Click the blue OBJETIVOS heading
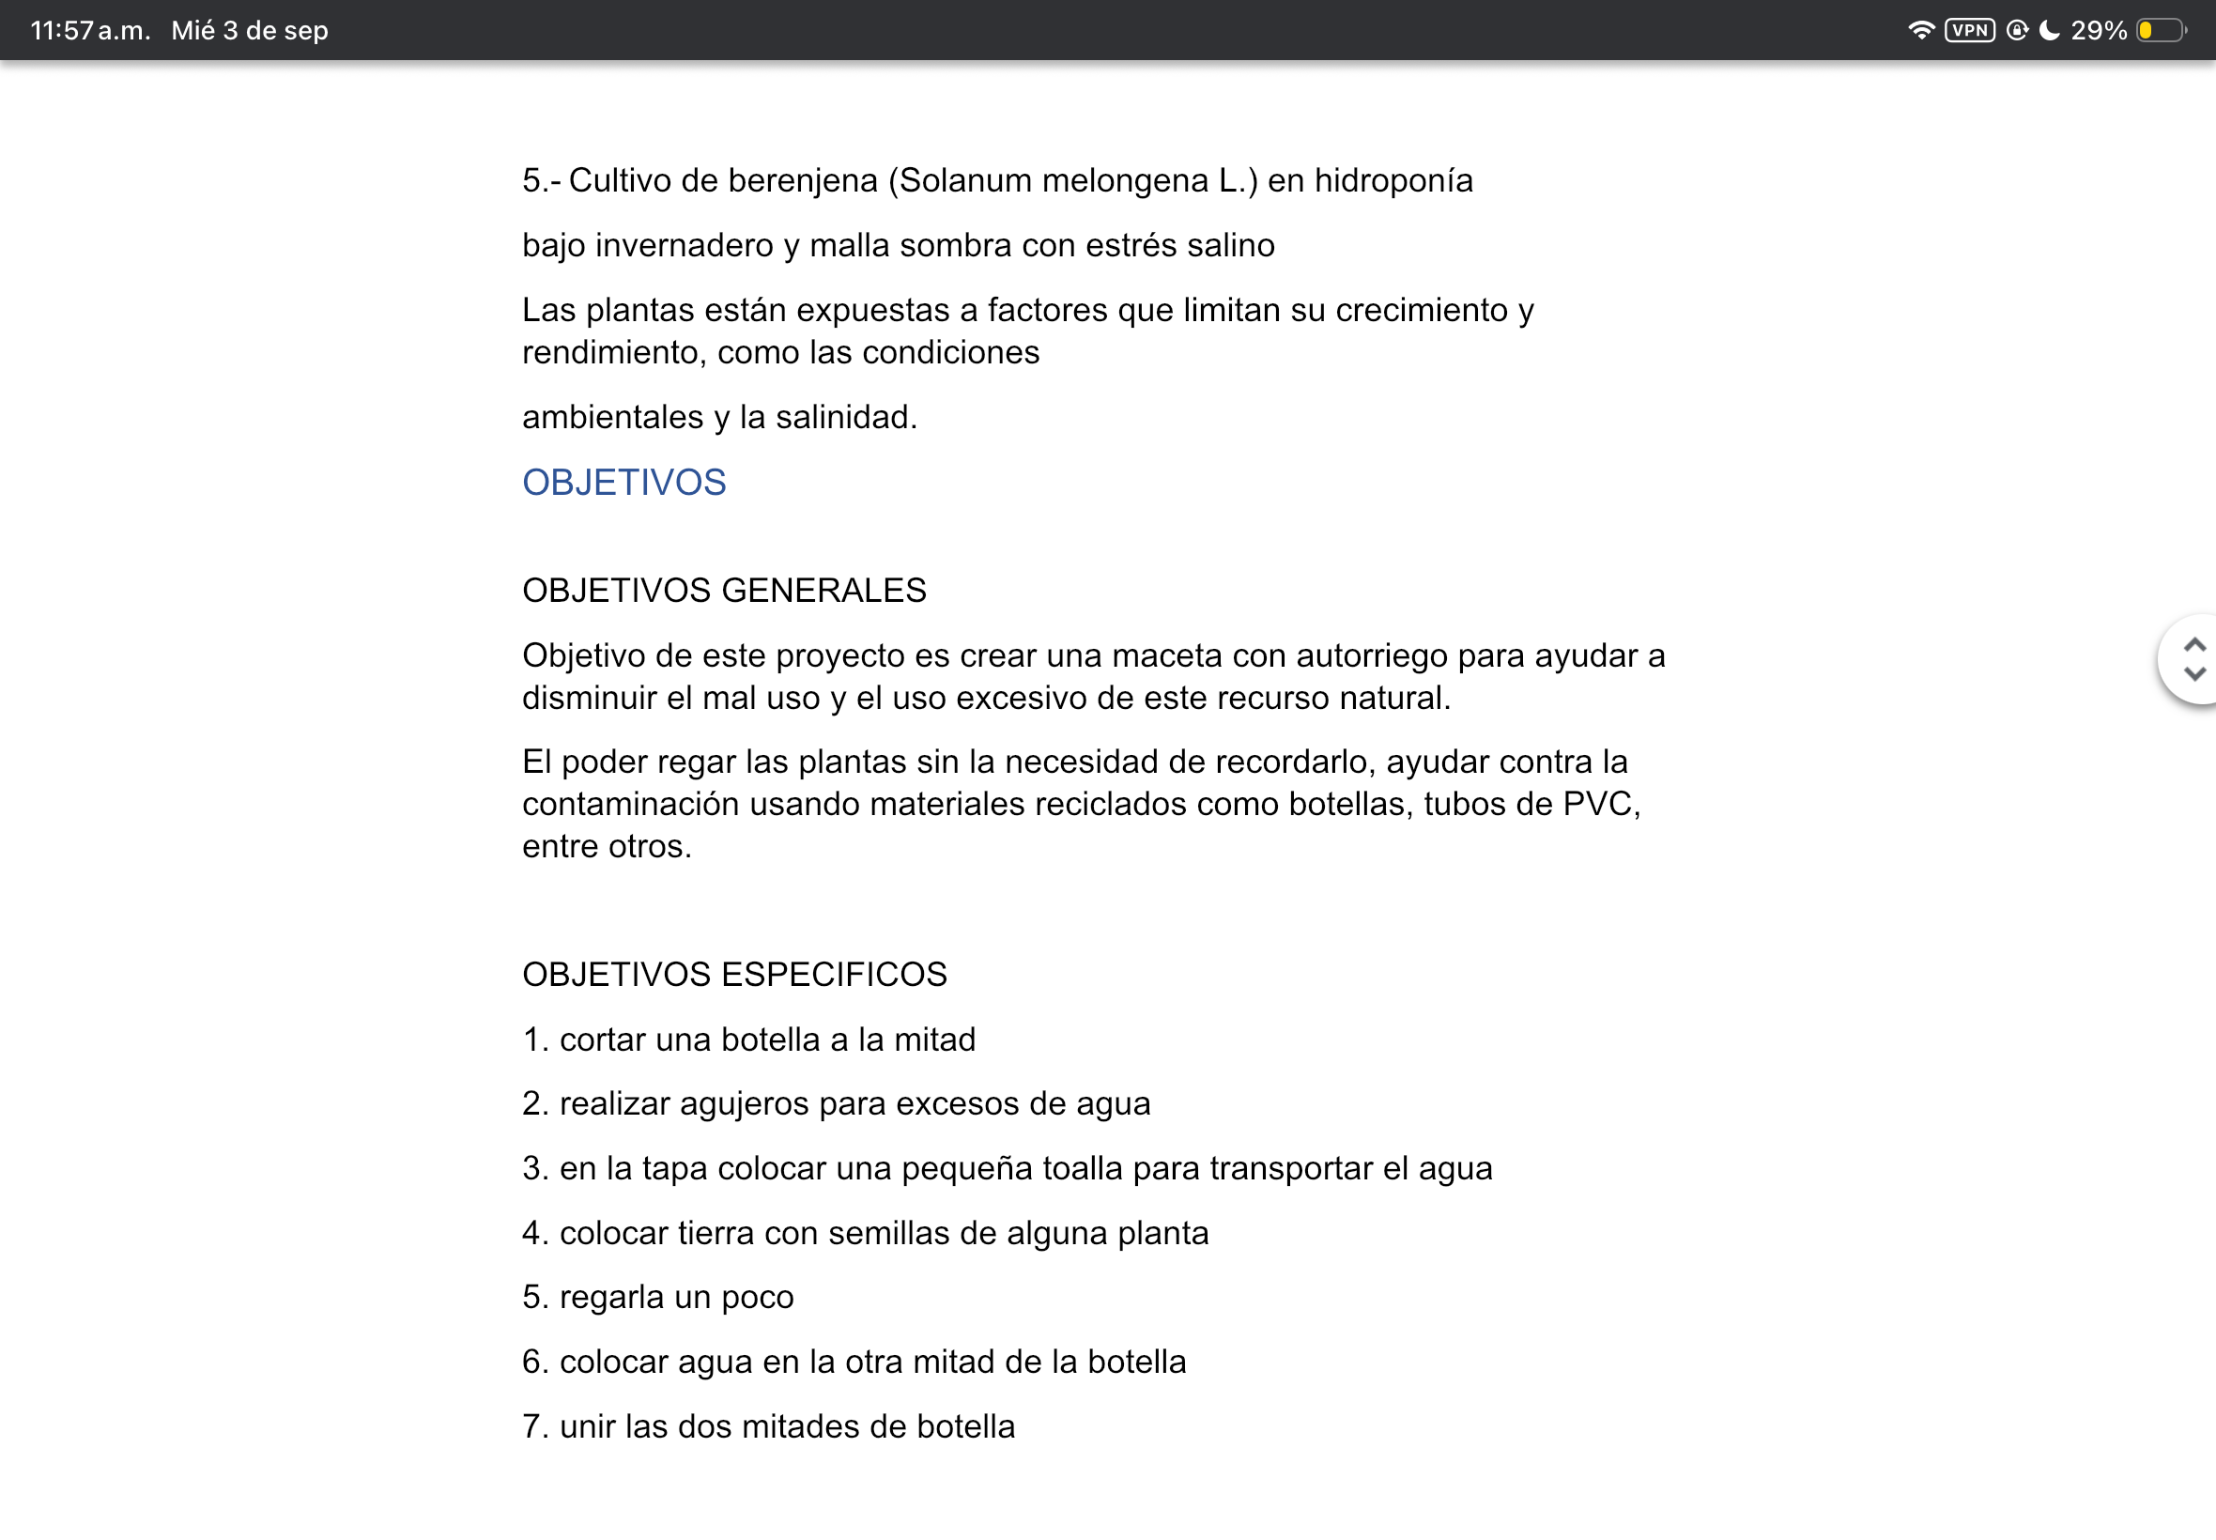[x=623, y=483]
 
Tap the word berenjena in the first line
[x=802, y=181]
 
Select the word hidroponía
[x=1393, y=181]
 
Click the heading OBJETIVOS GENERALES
[x=724, y=591]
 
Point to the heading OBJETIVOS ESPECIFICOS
[x=734, y=975]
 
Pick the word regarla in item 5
[x=611, y=1297]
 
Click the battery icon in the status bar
[x=2160, y=31]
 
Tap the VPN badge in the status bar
[x=1969, y=31]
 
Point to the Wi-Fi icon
[x=1921, y=31]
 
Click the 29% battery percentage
[x=2099, y=31]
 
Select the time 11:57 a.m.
[x=90, y=31]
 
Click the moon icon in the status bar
[x=2049, y=31]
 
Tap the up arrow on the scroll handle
[x=2194, y=644]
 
